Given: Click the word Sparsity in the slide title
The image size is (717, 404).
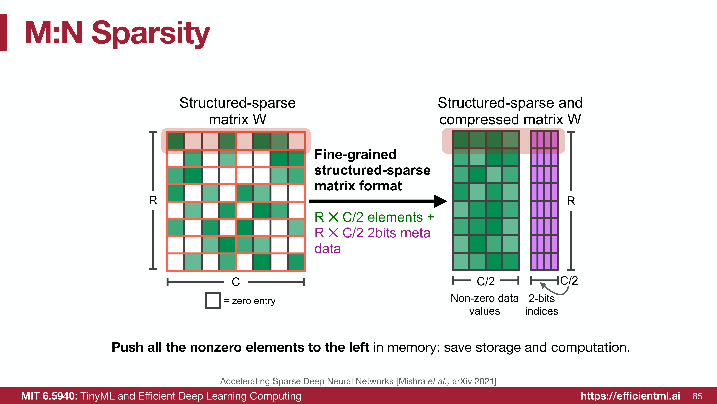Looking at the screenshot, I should click(x=151, y=33).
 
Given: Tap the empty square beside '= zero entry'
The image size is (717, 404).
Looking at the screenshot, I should click(x=213, y=301).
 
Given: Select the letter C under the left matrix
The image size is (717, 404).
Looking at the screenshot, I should click(x=235, y=282).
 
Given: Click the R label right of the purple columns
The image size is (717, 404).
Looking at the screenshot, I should click(x=571, y=201).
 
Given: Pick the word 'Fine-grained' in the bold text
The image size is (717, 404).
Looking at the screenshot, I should click(x=355, y=154).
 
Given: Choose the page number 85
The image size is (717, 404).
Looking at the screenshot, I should click(x=697, y=396).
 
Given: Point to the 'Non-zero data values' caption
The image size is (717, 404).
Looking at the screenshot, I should click(x=485, y=304).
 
